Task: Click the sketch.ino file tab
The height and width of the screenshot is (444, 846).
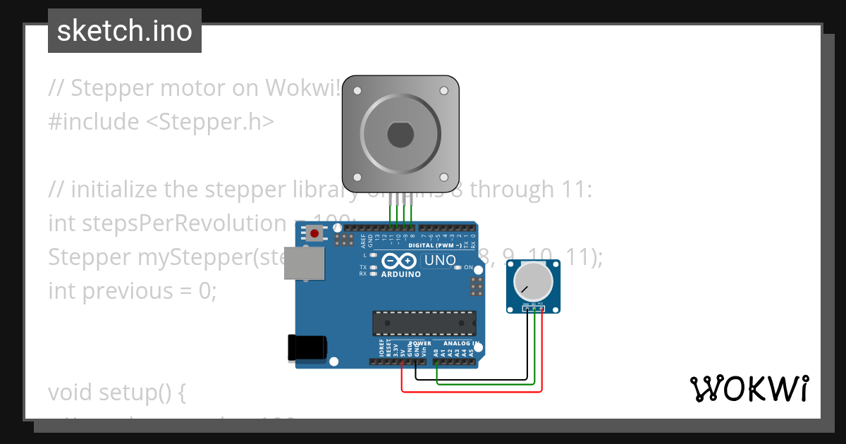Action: [125, 31]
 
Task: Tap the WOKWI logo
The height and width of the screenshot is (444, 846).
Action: [749, 388]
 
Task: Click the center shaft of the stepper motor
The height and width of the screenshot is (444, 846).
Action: [400, 134]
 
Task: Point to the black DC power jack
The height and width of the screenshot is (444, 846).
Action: [307, 347]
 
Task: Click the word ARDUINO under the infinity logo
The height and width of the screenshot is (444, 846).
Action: [400, 274]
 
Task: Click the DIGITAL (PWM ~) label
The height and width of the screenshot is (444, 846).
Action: [435, 245]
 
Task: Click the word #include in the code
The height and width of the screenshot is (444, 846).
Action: [94, 122]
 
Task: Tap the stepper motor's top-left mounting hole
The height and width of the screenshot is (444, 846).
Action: [357, 91]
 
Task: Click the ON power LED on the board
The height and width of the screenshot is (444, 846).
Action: [458, 268]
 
